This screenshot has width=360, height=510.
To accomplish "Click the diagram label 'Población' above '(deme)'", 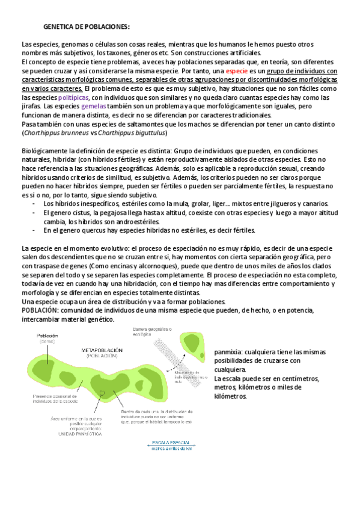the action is tap(47, 336).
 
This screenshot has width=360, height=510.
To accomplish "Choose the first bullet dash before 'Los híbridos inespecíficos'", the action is tap(32, 204).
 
